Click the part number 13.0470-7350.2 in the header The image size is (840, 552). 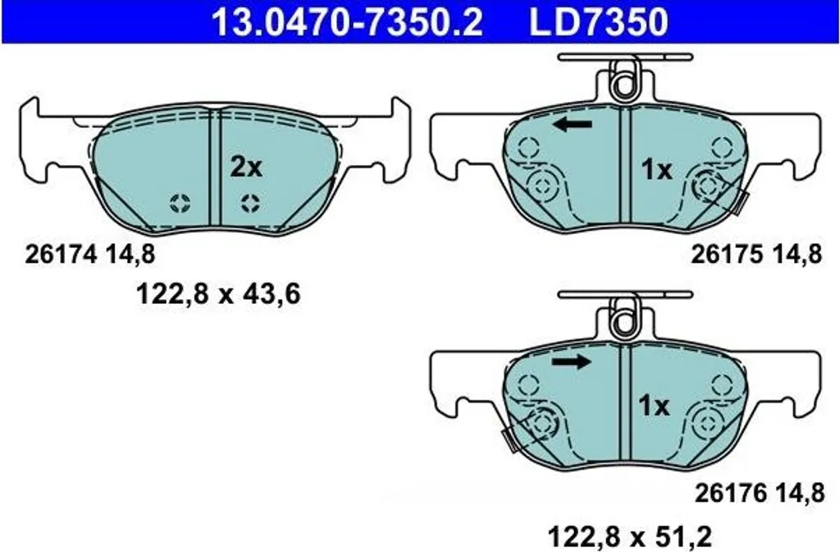(347, 22)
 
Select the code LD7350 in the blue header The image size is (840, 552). (598, 22)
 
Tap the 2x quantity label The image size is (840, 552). (246, 168)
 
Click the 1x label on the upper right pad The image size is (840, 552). (656, 170)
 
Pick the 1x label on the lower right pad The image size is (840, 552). (654, 406)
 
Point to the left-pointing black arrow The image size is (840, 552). (573, 125)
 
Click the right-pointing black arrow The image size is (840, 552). (571, 362)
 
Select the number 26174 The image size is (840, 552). (61, 255)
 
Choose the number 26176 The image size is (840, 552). (730, 493)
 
